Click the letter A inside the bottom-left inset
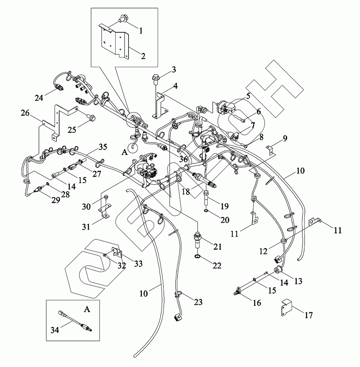(87, 309)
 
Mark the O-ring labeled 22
(197, 256)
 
